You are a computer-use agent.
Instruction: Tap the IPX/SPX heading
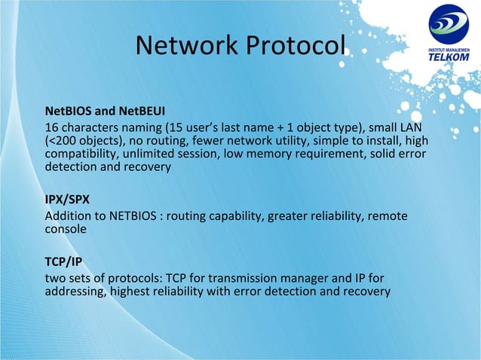click(x=67, y=201)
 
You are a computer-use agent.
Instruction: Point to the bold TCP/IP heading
click(x=63, y=262)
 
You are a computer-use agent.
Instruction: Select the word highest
click(x=132, y=291)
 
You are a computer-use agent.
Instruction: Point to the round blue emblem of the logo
click(x=449, y=25)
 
